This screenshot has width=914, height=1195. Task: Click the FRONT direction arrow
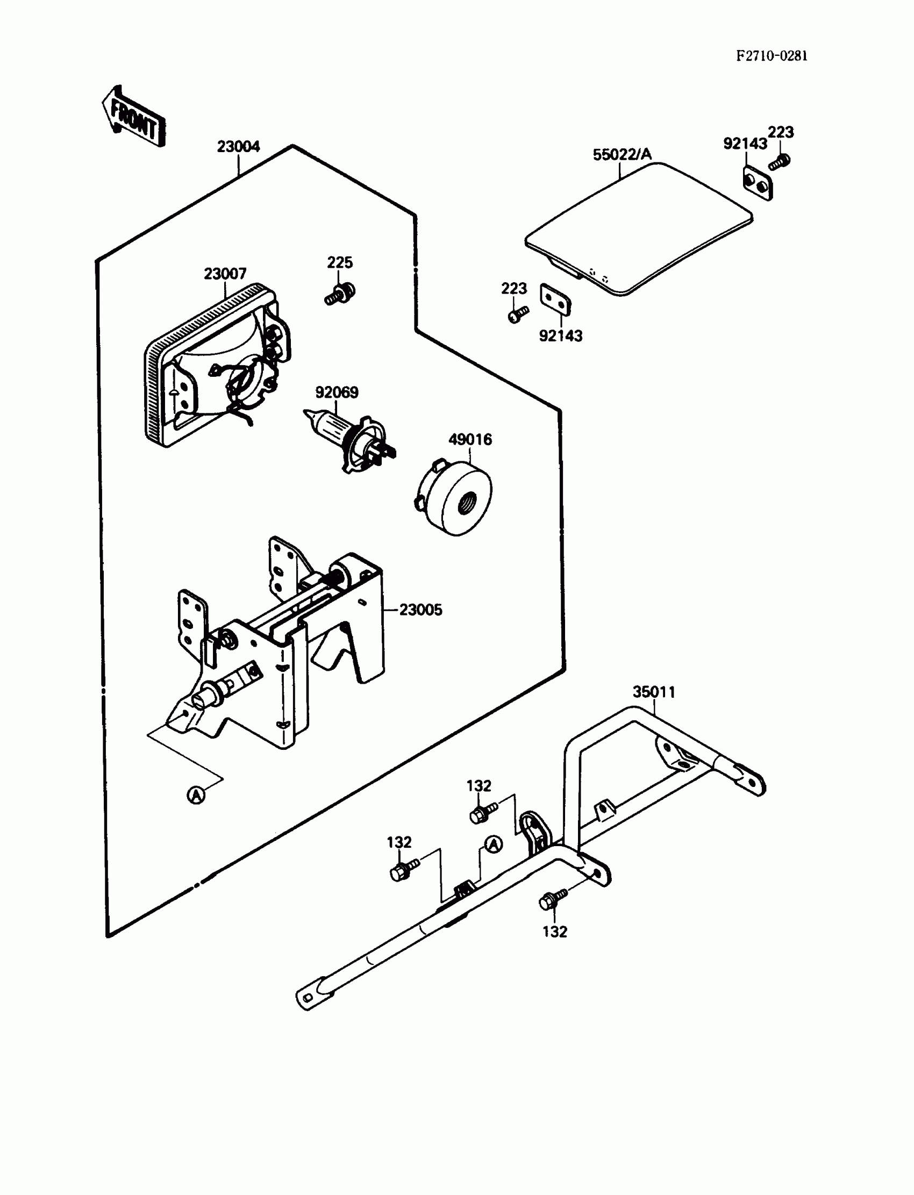[x=133, y=117]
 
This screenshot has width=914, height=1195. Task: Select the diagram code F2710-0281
[x=772, y=56]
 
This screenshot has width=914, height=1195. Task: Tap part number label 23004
[x=238, y=147]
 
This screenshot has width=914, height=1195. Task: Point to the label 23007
[x=225, y=274]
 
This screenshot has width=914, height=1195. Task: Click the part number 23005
[x=420, y=610]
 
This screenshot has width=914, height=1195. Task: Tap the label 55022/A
[x=622, y=155]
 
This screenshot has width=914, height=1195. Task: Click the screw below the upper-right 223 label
[x=779, y=162]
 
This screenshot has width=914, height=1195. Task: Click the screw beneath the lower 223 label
[x=517, y=314]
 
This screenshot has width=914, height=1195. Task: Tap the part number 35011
[x=654, y=692]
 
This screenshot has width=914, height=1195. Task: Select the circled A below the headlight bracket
[x=196, y=795]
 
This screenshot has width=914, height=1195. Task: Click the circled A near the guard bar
[x=493, y=844]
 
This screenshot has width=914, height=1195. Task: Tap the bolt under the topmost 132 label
[x=482, y=813]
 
